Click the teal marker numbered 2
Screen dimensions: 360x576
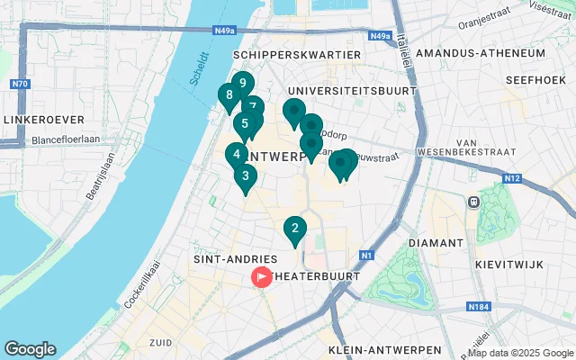click(294, 229)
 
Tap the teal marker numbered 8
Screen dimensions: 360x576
click(229, 96)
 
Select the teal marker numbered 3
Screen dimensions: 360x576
click(245, 176)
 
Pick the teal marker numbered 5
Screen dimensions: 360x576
click(243, 125)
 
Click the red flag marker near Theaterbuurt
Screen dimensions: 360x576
click(262, 277)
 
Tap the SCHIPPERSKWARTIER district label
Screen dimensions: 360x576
click(296, 55)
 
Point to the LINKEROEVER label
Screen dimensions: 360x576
click(42, 119)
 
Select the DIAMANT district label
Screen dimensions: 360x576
click(436, 243)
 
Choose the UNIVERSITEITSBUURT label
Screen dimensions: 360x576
click(352, 91)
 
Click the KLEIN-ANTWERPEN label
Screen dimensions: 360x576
click(385, 349)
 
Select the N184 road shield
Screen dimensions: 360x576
click(478, 308)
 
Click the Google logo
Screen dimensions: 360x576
click(30, 349)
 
